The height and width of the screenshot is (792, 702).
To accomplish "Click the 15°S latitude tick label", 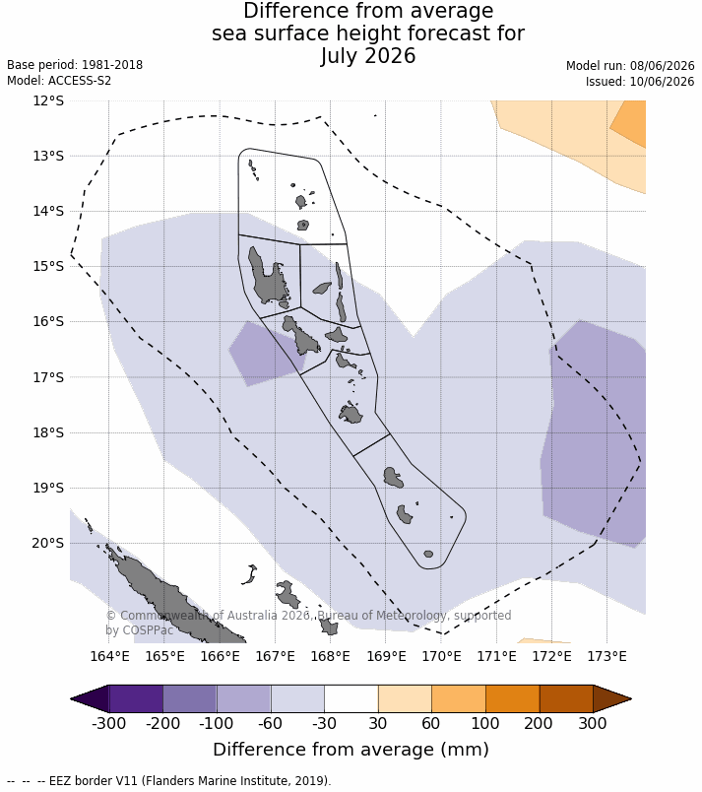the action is click(48, 266).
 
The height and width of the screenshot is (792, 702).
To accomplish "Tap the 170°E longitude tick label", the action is click(442, 656).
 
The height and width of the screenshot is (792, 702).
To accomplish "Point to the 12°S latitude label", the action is click(48, 100).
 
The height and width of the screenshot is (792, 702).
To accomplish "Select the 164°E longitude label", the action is click(109, 656).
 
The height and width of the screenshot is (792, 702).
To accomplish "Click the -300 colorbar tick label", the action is click(108, 723).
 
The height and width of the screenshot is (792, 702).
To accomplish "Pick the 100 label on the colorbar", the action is click(485, 723).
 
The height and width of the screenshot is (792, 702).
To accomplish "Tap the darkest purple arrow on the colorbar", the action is click(90, 699).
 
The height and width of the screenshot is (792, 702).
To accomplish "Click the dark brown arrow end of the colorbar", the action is click(612, 699).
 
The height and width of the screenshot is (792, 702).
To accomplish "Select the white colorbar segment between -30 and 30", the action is click(351, 699).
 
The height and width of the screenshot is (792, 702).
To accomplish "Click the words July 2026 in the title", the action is click(368, 55).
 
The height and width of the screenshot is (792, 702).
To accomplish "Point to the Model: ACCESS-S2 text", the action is click(59, 81).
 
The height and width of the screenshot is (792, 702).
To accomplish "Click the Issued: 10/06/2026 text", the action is click(640, 82).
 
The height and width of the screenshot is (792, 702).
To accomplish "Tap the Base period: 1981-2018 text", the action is click(75, 65).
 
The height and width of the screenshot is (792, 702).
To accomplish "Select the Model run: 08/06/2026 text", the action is click(630, 66).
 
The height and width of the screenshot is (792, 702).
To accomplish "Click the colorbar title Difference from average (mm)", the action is click(351, 750).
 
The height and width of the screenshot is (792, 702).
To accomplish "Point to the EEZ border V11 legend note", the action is click(169, 780).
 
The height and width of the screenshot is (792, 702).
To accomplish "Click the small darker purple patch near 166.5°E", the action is click(267, 354).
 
